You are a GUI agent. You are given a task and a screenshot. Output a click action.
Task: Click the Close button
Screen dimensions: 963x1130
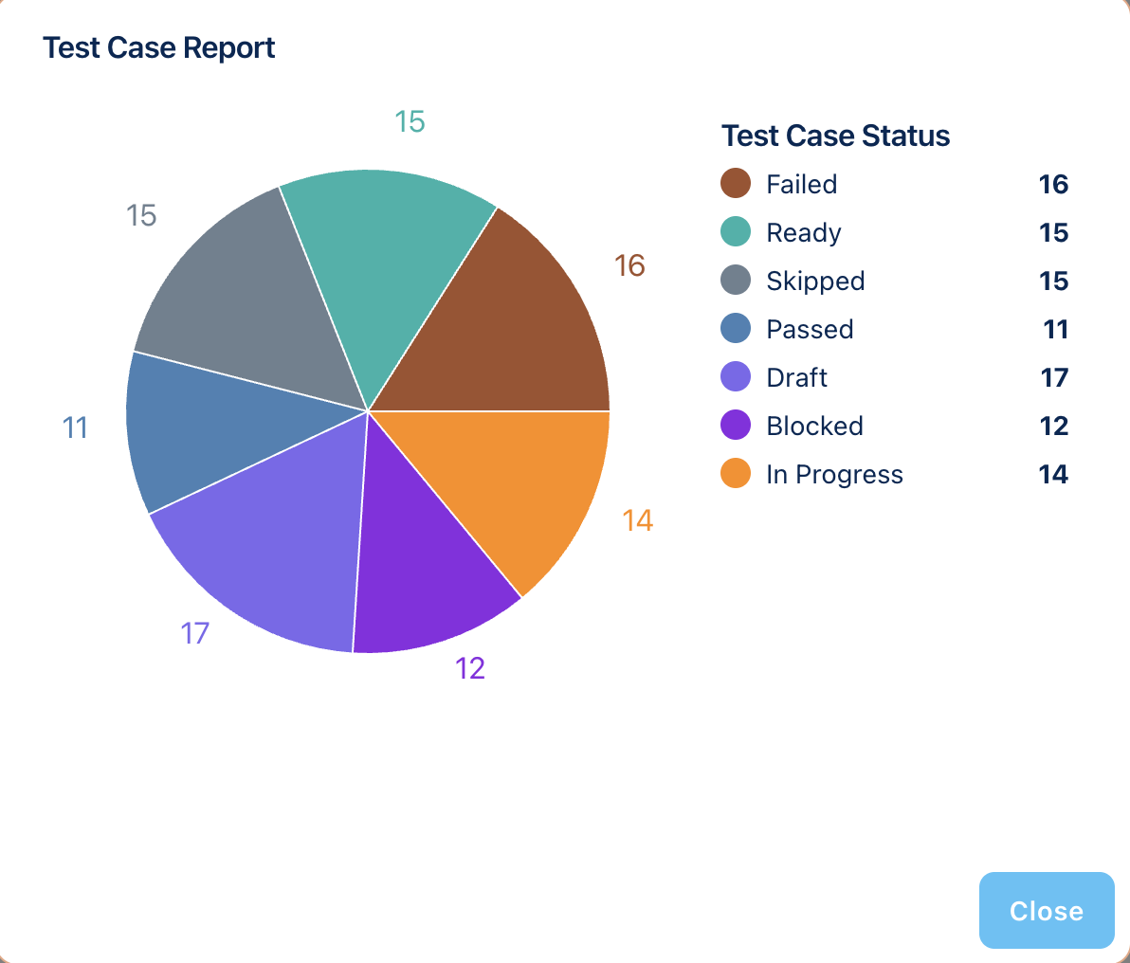click(1046, 910)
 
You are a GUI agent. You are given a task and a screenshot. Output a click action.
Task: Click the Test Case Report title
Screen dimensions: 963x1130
click(159, 47)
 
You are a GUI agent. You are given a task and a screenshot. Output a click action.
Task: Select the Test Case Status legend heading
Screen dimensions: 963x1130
click(835, 136)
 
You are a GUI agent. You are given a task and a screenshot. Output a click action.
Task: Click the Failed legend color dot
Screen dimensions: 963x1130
click(736, 184)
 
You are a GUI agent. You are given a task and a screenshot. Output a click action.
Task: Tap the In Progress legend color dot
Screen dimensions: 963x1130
click(736, 474)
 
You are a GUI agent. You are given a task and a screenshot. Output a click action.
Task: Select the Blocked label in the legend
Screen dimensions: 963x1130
click(814, 426)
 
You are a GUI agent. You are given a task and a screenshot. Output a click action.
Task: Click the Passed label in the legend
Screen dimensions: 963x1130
click(810, 329)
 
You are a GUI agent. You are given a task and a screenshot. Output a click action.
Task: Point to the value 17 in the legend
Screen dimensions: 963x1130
click(1054, 377)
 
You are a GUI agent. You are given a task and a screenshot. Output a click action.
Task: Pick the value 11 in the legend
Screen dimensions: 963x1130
click(1055, 329)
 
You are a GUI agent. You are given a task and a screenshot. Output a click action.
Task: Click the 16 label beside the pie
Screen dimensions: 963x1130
click(629, 265)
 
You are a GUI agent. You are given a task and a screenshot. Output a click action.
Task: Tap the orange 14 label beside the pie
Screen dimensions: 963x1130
click(638, 520)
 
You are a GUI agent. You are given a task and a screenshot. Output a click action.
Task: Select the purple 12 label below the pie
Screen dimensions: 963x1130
click(470, 668)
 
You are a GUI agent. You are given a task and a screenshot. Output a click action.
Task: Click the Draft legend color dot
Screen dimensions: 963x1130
click(736, 377)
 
